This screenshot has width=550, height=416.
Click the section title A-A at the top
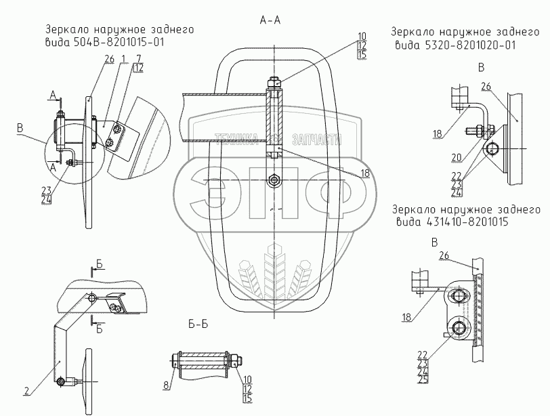[x=270, y=21]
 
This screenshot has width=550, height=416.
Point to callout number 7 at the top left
[x=138, y=58]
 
